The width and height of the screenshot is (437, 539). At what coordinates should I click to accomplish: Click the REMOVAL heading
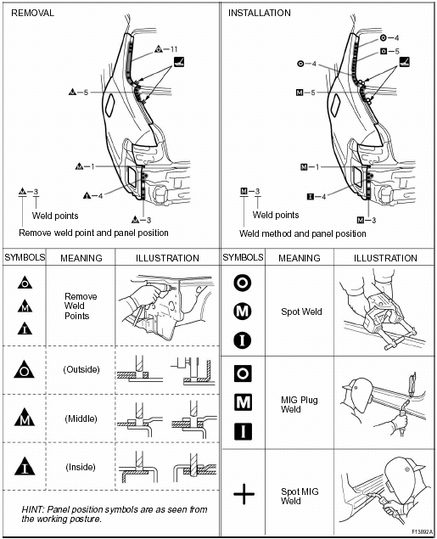(33, 13)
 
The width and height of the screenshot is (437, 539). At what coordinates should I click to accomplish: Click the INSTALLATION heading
(259, 13)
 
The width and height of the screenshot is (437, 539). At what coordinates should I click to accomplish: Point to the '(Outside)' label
(81, 369)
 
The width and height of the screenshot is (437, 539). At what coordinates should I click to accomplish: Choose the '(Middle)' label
(81, 418)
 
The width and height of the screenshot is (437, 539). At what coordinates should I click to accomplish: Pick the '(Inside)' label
(81, 467)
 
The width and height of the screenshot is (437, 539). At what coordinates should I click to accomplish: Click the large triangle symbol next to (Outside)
(25, 369)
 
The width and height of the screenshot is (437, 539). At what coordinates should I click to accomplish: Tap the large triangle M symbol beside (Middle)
(25, 418)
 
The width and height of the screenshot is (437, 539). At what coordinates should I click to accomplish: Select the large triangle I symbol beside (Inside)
(25, 466)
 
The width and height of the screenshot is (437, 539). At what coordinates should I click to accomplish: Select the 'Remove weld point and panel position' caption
(93, 233)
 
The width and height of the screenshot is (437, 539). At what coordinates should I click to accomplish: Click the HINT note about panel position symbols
(110, 514)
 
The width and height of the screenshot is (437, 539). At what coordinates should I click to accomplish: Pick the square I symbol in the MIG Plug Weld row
(244, 430)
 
